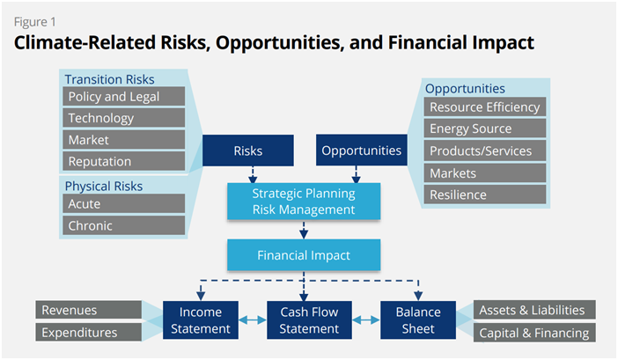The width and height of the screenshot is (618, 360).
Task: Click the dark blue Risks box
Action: pos(248,151)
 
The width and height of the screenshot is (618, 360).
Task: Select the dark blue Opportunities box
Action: pos(362,150)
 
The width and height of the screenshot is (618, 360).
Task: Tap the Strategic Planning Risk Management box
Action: pos(304,202)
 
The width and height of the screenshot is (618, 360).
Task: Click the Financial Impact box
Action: pos(304,255)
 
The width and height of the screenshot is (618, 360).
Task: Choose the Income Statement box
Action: pos(201,320)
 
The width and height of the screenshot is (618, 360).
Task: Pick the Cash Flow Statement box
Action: pos(309,320)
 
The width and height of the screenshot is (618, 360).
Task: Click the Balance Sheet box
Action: pos(418,320)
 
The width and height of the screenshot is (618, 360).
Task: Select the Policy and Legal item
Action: pos(124,97)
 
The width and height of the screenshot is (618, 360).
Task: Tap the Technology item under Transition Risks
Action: pos(124,118)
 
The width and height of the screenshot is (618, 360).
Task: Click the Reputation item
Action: pos(124,161)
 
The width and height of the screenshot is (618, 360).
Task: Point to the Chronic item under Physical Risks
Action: pos(124,225)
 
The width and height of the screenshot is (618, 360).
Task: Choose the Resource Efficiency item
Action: pos(485,107)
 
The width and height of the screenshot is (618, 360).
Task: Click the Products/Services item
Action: pos(485,151)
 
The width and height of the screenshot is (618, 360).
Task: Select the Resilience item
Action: pos(485,195)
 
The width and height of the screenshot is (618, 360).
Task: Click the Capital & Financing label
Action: pos(534,333)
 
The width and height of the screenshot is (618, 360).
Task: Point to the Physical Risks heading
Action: pos(104,186)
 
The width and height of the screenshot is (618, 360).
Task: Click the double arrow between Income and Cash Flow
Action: pos(253,320)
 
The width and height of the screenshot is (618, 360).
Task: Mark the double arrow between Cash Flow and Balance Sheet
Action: pos(366,320)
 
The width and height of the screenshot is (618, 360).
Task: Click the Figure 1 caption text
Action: pos(35,22)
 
